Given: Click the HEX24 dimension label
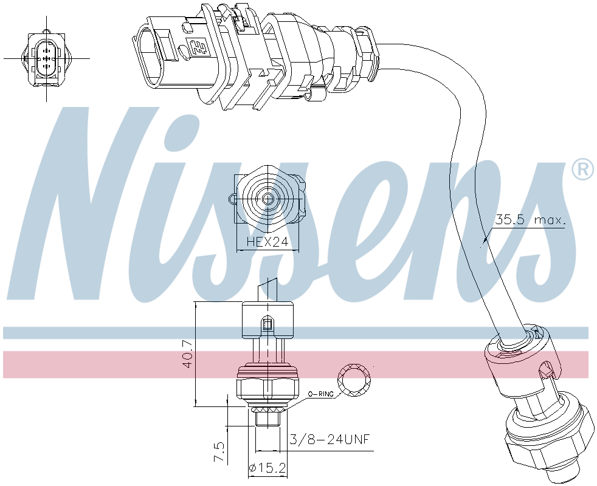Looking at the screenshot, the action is [267, 242].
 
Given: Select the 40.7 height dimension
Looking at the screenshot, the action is [187, 354].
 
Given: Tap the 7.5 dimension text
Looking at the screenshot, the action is [219, 452].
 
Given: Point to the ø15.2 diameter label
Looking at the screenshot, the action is [267, 468].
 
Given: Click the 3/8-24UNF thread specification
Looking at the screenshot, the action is [330, 439].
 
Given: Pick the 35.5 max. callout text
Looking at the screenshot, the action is [530, 219].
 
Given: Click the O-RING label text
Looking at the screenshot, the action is [320, 394].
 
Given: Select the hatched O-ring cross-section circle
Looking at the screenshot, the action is [354, 380].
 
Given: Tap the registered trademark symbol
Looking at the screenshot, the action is [582, 169].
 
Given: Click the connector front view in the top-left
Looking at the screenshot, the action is [46, 58].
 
